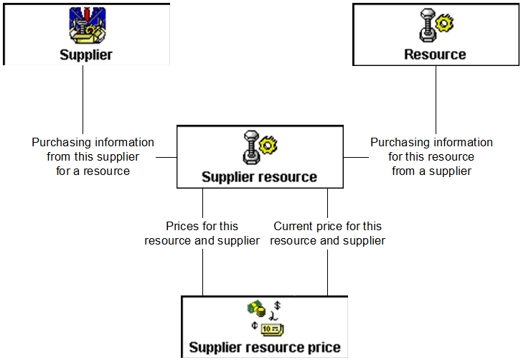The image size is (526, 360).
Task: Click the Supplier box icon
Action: pyautogui.click(x=86, y=26)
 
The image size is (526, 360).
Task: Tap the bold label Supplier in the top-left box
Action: pyautogui.click(x=86, y=55)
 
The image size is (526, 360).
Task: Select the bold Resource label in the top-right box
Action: pyautogui.click(x=435, y=55)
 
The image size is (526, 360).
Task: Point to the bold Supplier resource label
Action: pyautogui.click(x=258, y=177)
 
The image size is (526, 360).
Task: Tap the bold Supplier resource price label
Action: pyautogui.click(x=265, y=349)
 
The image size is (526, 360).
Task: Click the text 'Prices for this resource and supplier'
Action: pyautogui.click(x=202, y=234)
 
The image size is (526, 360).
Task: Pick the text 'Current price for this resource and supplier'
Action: pyautogui.click(x=328, y=234)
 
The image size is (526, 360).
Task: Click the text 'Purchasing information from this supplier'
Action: pyautogui.click(x=93, y=149)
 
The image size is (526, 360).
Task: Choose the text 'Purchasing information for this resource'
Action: pyautogui.click(x=431, y=149)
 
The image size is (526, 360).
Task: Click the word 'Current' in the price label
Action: pyautogui.click(x=292, y=227)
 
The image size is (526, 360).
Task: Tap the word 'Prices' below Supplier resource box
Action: pyautogui.click(x=182, y=227)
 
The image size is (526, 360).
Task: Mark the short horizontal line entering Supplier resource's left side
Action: pyautogui.click(x=166, y=156)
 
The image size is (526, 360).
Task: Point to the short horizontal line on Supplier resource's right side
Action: pyautogui.click(x=354, y=156)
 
